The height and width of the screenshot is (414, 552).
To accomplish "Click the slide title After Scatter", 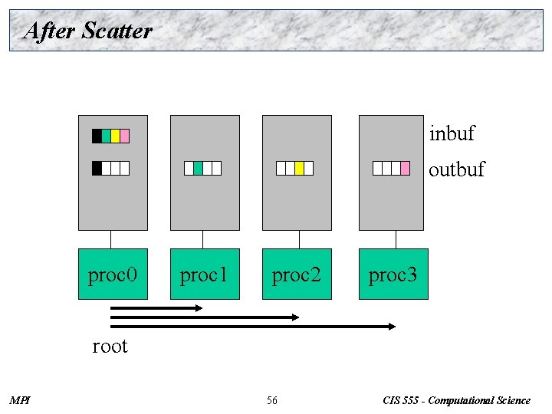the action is pyautogui.click(x=88, y=31).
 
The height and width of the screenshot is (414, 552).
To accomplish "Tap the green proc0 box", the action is pyautogui.click(x=113, y=274).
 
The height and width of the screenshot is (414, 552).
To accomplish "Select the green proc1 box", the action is pyautogui.click(x=205, y=274).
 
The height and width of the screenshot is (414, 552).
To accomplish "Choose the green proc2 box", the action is pyautogui.click(x=297, y=274).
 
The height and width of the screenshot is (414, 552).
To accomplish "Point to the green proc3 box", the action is pyautogui.click(x=393, y=274).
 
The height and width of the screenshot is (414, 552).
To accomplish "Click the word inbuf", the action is pyautogui.click(x=452, y=134).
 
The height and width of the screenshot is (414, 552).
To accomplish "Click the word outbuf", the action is pyautogui.click(x=456, y=169).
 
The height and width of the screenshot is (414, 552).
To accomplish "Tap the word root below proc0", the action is pyautogui.click(x=110, y=346).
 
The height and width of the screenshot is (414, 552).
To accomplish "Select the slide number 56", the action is pyautogui.click(x=272, y=400).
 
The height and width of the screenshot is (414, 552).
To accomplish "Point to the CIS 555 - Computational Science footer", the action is pyautogui.click(x=457, y=400).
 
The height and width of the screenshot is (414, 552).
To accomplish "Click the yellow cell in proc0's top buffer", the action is pyautogui.click(x=116, y=136).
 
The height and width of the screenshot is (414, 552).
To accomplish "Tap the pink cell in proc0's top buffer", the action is pyautogui.click(x=125, y=136).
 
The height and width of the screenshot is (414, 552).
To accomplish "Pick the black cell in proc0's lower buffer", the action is pyautogui.click(x=97, y=168).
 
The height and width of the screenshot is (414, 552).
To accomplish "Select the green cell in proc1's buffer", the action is pyautogui.click(x=198, y=168).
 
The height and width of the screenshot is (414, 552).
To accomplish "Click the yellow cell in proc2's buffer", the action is pyautogui.click(x=299, y=168).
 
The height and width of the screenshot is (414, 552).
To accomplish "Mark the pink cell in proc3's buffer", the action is pyautogui.click(x=405, y=168).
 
